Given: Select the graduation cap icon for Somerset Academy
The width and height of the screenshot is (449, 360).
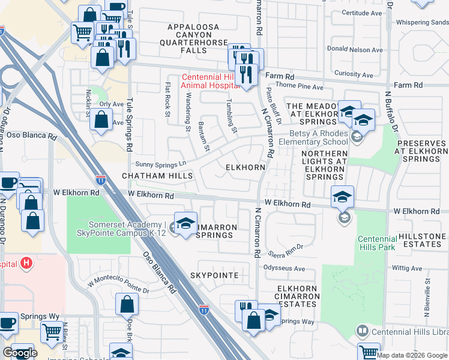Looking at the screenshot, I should click(185, 224).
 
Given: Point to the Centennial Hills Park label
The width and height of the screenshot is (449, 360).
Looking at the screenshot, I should click(377, 243).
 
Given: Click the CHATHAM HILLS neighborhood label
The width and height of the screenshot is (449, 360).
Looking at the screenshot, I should click(157, 176).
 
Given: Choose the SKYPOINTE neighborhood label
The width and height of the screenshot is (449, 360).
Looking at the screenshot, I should click(214, 275).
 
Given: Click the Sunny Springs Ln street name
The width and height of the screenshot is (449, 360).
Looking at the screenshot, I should click(161, 164).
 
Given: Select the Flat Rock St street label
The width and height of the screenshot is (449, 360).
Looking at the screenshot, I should click(167, 104).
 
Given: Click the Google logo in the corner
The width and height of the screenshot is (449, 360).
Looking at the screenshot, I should click(20, 353).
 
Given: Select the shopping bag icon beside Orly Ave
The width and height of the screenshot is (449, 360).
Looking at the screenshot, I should click(101, 119).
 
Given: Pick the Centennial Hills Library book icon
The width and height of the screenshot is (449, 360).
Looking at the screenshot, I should click(362, 331).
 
